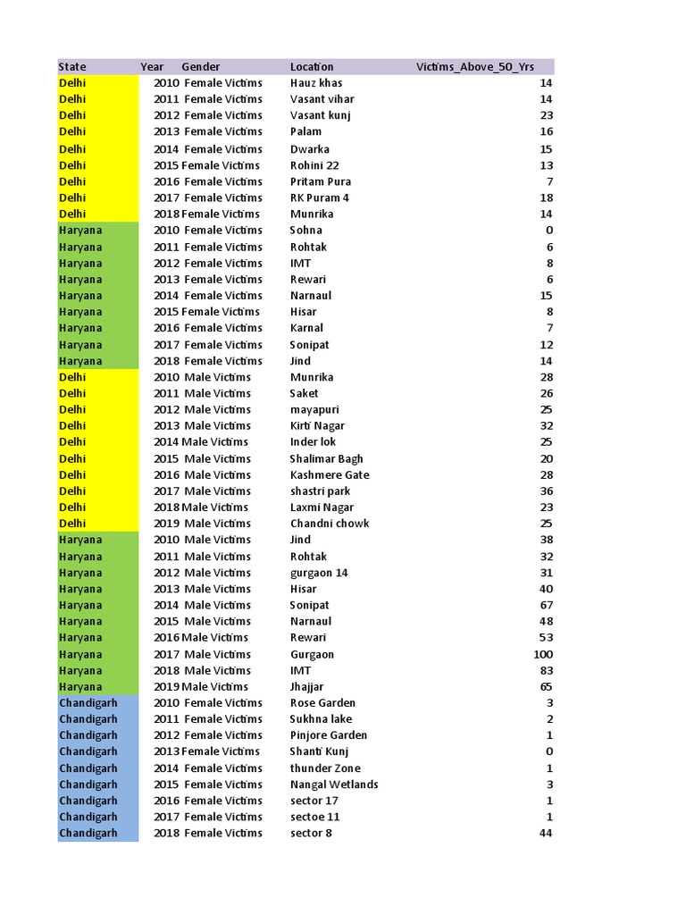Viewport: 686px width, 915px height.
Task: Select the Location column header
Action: coord(312,67)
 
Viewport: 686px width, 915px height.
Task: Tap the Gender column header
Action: coord(201,67)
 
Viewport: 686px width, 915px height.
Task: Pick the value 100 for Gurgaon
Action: coord(542,654)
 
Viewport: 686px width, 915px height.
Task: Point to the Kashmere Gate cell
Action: coord(330,474)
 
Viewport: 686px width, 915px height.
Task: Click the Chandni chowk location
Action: coord(330,524)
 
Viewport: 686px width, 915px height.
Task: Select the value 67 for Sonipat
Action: coord(546,605)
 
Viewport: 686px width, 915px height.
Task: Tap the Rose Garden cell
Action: coord(322,703)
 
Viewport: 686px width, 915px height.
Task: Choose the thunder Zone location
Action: coord(325,768)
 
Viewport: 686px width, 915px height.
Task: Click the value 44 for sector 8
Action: coord(546,834)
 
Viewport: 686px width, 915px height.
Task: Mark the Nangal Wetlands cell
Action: coord(334,785)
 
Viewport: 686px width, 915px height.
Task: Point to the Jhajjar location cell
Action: coord(307,687)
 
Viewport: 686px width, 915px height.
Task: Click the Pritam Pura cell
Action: coord(321,181)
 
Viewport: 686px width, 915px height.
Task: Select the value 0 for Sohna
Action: coord(549,231)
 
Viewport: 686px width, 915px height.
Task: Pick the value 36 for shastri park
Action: coord(546,491)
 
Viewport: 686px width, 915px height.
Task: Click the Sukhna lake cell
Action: coord(322,719)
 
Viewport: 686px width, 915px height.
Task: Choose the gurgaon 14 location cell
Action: coord(319,573)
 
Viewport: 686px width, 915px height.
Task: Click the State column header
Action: coord(72,67)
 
